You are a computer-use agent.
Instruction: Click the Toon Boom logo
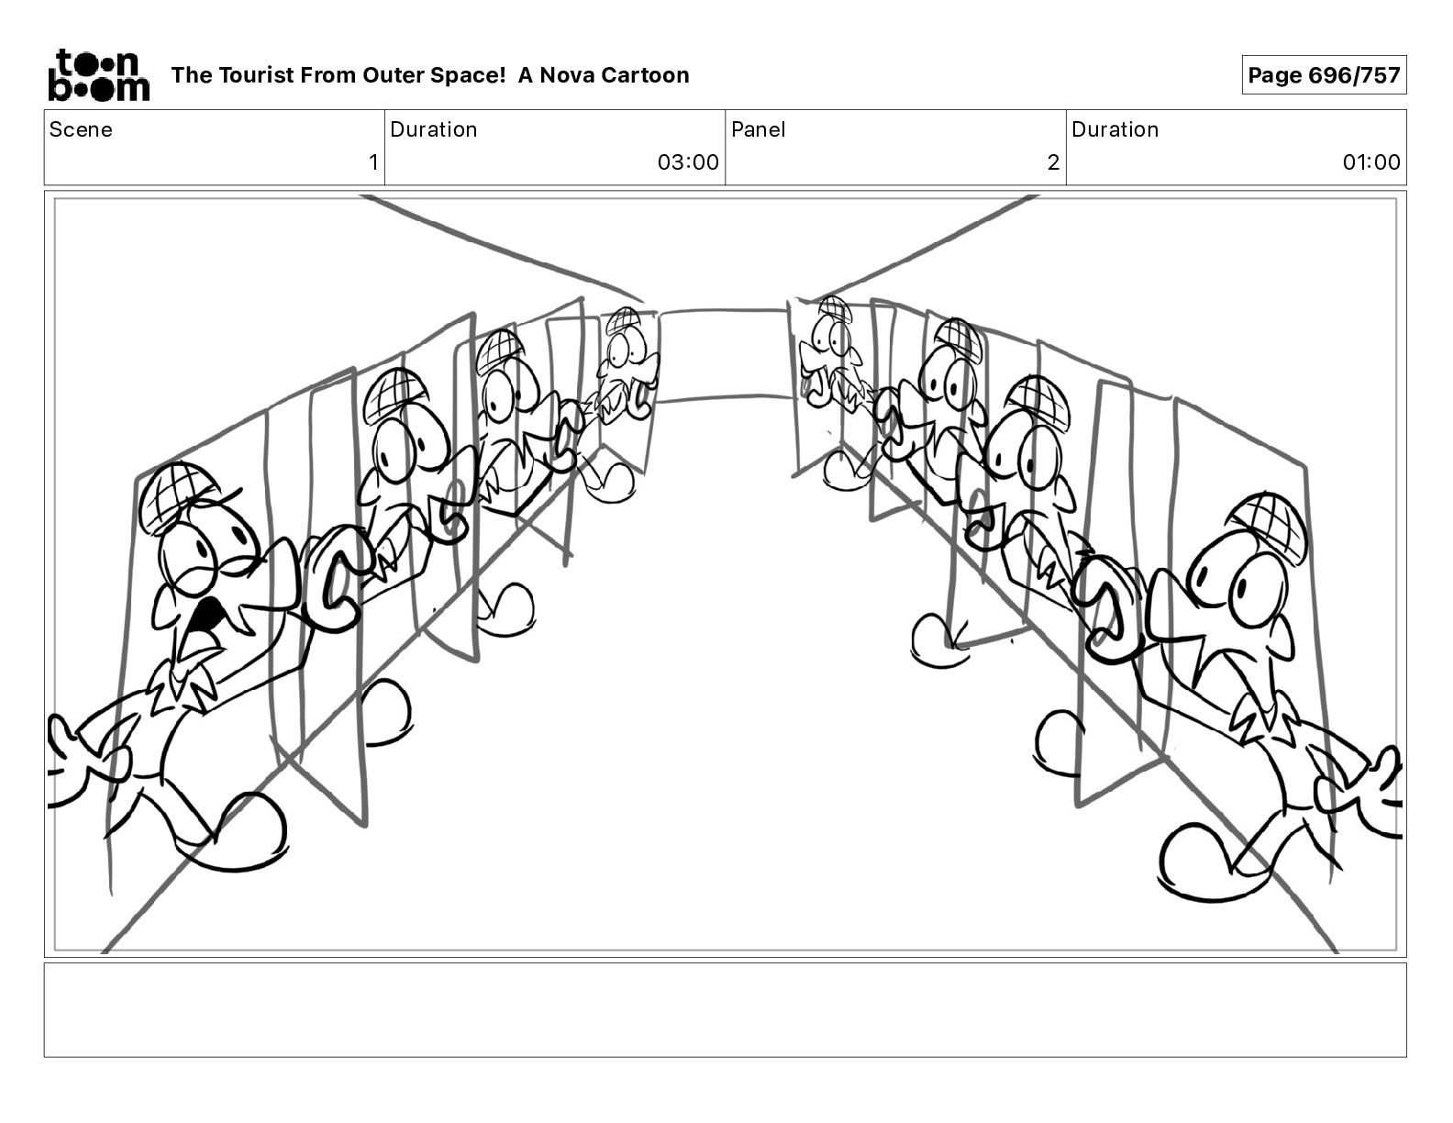(98, 74)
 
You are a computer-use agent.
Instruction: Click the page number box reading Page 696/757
(1324, 75)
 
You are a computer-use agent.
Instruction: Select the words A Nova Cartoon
(604, 75)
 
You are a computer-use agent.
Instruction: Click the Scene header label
(81, 129)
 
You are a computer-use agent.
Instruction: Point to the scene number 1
(372, 162)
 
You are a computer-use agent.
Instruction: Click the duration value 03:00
(688, 162)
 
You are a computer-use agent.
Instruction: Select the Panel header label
(758, 129)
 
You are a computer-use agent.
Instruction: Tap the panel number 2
(1053, 162)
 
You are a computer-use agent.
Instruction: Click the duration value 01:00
(1371, 162)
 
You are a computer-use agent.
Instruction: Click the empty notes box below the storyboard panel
(725, 1009)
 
